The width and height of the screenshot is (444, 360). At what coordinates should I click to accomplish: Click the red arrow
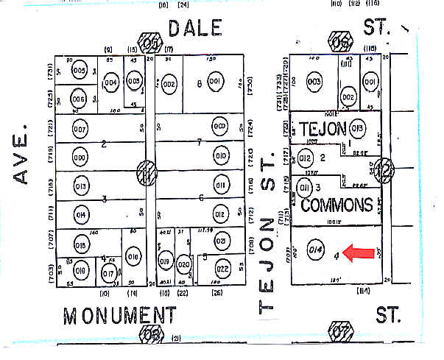[x=362, y=253]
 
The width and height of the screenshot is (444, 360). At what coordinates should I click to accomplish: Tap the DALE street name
[x=194, y=28]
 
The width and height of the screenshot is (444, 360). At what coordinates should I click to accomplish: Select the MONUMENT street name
[x=119, y=316]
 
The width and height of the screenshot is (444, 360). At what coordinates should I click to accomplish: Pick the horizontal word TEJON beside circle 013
[x=322, y=128]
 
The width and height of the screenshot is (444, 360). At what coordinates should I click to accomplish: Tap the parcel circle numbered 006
[x=79, y=99]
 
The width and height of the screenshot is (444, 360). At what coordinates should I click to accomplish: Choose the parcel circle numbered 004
[x=110, y=82]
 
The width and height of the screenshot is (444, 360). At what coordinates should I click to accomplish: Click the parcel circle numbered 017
[x=108, y=275]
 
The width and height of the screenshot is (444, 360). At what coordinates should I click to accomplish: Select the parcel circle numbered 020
[x=184, y=265]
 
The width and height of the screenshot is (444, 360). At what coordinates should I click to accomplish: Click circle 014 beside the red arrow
[x=316, y=248]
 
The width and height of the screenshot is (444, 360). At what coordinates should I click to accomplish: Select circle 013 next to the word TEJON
[x=358, y=128]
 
